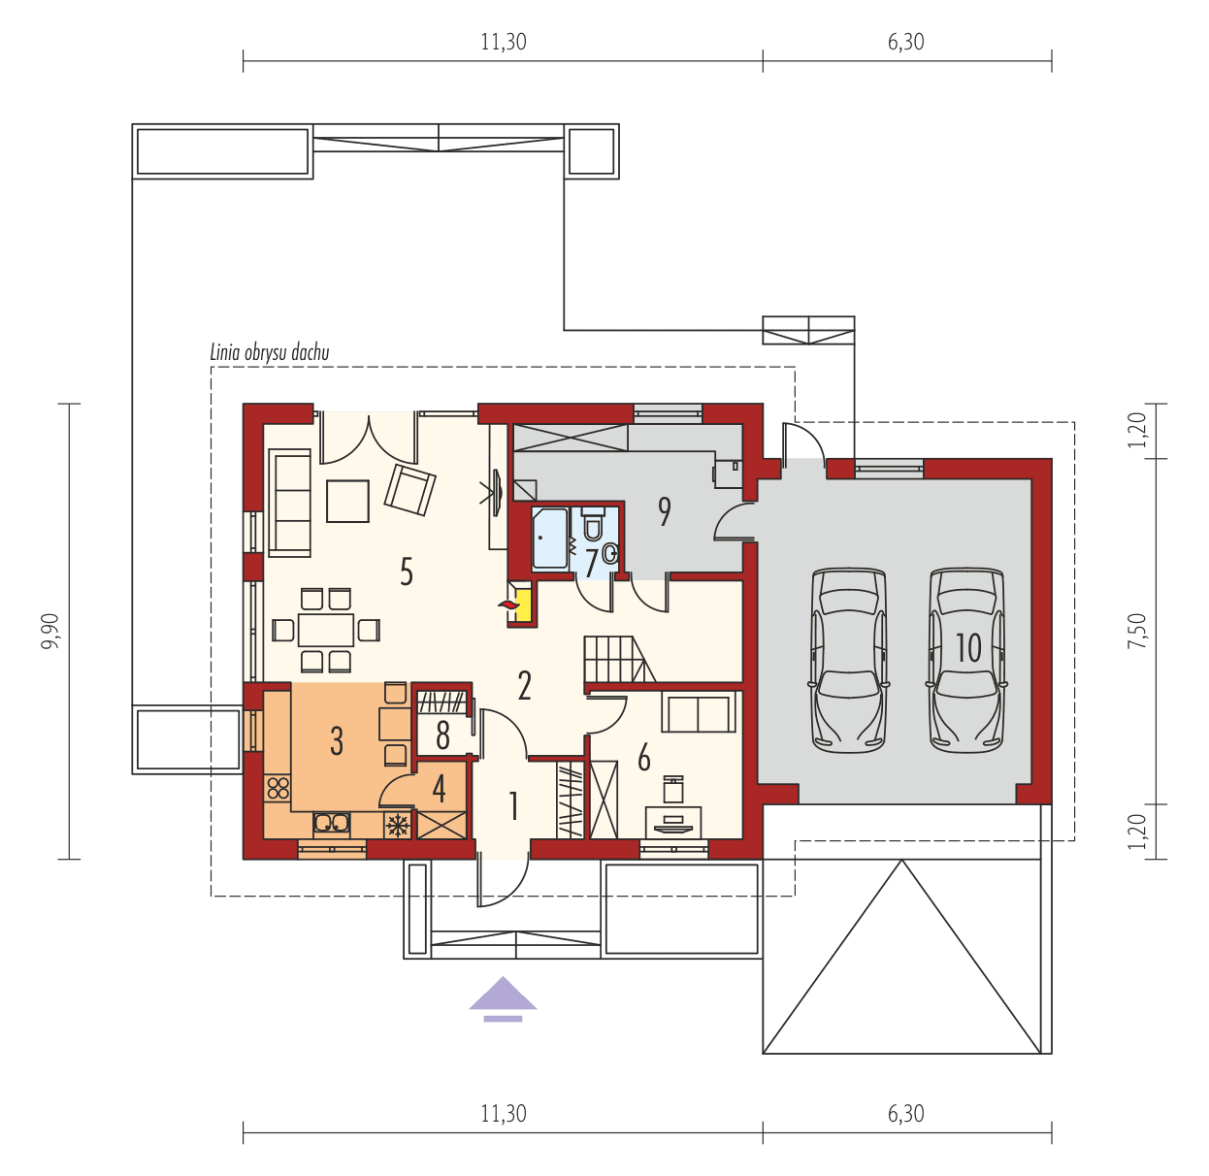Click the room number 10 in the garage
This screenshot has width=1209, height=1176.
click(x=968, y=647)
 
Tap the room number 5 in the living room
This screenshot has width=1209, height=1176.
click(x=407, y=572)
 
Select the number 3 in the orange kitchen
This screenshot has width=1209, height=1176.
click(x=336, y=740)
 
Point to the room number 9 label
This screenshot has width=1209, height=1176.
click(x=665, y=510)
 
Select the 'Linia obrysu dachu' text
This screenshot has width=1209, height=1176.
click(x=270, y=352)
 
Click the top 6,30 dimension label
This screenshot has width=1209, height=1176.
click(x=905, y=42)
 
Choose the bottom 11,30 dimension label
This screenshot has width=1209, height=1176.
click(x=503, y=1113)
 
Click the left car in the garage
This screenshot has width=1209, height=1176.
click(x=849, y=660)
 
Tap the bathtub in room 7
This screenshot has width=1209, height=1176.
click(x=550, y=538)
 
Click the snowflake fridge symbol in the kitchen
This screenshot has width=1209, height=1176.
click(x=397, y=825)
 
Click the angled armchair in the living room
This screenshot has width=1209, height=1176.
click(x=409, y=489)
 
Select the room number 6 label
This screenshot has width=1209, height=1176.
click(x=643, y=758)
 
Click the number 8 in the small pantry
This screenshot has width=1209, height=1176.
click(x=442, y=736)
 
